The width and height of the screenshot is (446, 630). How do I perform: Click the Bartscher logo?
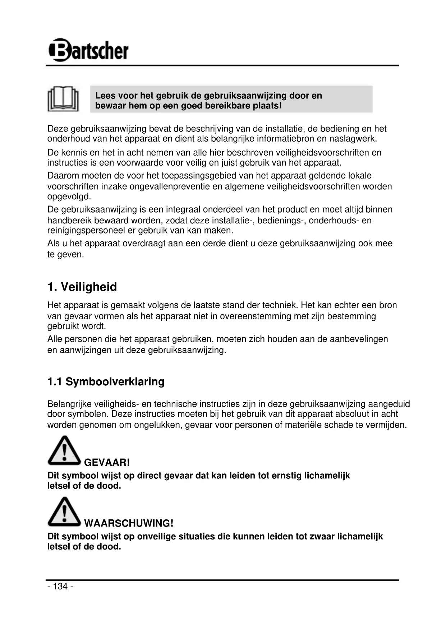point(88,50)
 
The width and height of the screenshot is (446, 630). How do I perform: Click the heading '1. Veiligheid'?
point(82,287)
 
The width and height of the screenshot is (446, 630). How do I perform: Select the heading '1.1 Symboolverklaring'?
point(106,381)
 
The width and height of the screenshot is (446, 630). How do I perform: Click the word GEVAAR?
point(107,462)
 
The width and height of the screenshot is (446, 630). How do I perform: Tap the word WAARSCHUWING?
point(129,523)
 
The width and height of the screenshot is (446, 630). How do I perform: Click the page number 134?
point(60,586)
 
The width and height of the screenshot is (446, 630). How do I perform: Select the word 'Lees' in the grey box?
point(104,96)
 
